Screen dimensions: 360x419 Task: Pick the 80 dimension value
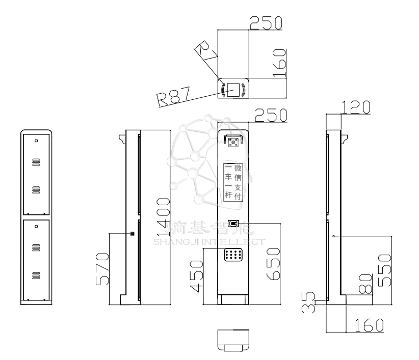(365, 283)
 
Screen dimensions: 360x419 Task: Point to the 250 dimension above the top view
(266, 23)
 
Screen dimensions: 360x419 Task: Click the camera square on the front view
(234, 143)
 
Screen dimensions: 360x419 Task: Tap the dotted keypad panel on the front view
(233, 255)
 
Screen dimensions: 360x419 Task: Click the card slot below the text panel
(233, 223)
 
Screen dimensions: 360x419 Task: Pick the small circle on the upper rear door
(36, 140)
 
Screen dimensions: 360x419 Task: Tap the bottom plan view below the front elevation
(233, 340)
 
